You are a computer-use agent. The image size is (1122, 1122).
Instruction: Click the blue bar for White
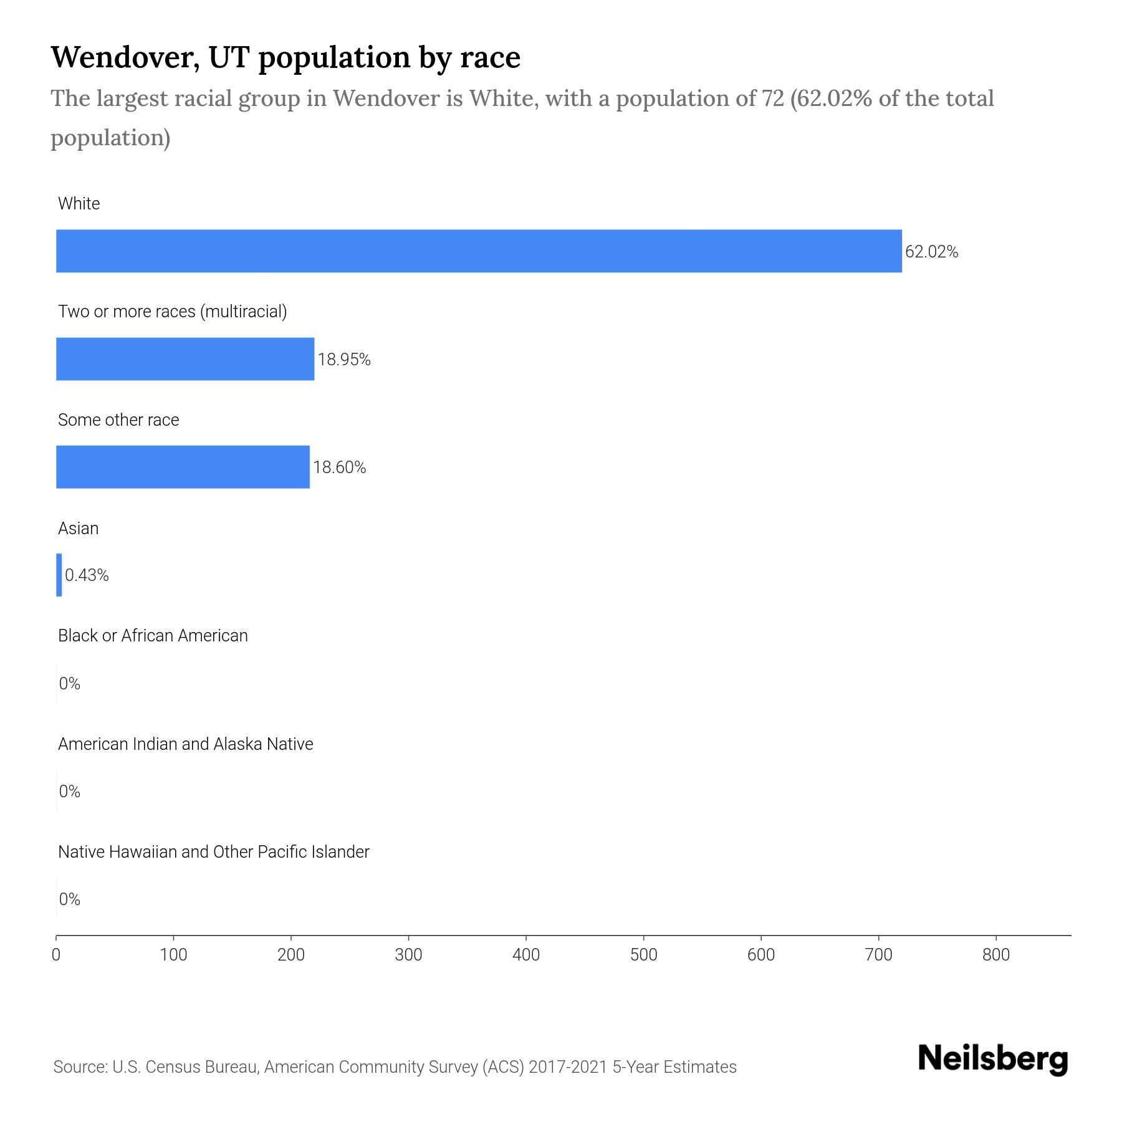[479, 251]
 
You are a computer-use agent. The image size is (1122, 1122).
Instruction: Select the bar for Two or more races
[185, 359]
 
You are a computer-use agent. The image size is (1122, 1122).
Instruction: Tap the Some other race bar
[183, 467]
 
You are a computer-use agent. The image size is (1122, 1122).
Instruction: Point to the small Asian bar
[59, 575]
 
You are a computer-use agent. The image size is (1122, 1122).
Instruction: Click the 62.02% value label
[931, 252]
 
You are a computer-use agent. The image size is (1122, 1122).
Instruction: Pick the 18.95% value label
[344, 360]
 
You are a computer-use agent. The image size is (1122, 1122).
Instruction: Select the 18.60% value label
[339, 467]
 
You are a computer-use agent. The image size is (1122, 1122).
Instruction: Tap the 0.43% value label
[87, 575]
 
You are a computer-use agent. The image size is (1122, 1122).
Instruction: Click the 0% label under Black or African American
[70, 684]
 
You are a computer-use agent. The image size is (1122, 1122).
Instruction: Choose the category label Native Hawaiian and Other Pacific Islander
[213, 851]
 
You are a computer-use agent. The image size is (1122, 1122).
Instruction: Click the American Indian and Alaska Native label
[185, 744]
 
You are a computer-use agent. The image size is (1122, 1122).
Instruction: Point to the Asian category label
[78, 528]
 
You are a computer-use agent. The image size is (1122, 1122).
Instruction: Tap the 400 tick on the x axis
[526, 955]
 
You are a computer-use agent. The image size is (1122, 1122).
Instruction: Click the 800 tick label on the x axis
[995, 955]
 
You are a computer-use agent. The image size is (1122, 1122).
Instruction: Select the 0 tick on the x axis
[56, 955]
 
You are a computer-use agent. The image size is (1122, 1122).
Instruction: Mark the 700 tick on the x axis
[878, 955]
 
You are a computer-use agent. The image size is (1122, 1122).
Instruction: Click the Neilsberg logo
[992, 1058]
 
